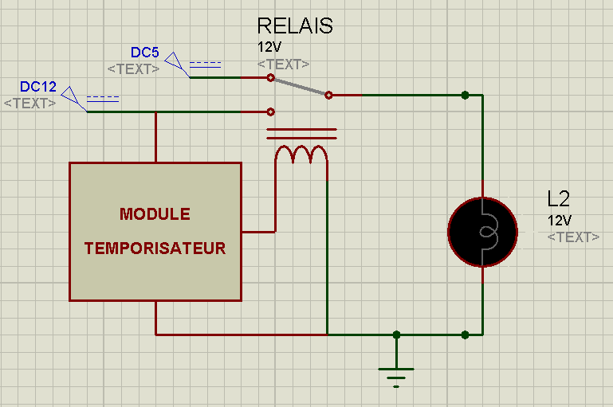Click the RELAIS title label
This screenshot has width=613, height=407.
pyautogui.click(x=295, y=25)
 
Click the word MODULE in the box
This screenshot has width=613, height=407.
pyautogui.click(x=155, y=214)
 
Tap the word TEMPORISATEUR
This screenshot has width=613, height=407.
pyautogui.click(x=155, y=249)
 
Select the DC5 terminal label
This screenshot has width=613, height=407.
pyautogui.click(x=144, y=53)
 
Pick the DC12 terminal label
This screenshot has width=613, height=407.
pyautogui.click(x=38, y=87)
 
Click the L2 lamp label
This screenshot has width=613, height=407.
pyautogui.click(x=558, y=199)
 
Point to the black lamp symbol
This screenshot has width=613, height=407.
pyautogui.click(x=483, y=233)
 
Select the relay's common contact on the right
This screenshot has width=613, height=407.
pyautogui.click(x=328, y=95)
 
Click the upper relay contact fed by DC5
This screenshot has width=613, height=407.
pyautogui.click(x=270, y=78)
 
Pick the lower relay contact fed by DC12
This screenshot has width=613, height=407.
pyautogui.click(x=270, y=112)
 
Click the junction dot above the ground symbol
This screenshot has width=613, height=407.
pyautogui.click(x=396, y=335)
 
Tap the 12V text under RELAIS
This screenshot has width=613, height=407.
pyautogui.click(x=269, y=47)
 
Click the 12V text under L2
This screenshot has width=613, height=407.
pyautogui.click(x=560, y=221)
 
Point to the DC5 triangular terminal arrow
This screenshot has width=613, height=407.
pyautogui.click(x=176, y=64)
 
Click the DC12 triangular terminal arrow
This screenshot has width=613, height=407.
pyautogui.click(x=73, y=98)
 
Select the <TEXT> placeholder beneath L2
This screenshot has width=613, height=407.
pyautogui.click(x=573, y=237)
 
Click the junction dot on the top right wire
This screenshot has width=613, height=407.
pyautogui.click(x=465, y=95)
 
